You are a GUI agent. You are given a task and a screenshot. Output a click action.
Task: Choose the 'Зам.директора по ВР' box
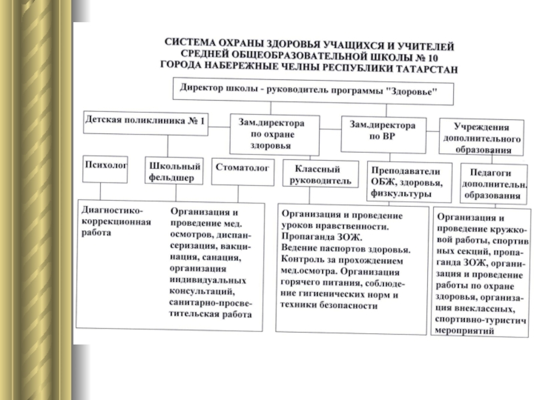(x=382, y=129)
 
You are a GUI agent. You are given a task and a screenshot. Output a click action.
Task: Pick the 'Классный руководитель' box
(x=316, y=175)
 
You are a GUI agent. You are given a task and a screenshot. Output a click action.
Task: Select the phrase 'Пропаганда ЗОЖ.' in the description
(x=320, y=237)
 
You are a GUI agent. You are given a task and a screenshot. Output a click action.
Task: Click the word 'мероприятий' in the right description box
(x=463, y=331)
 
